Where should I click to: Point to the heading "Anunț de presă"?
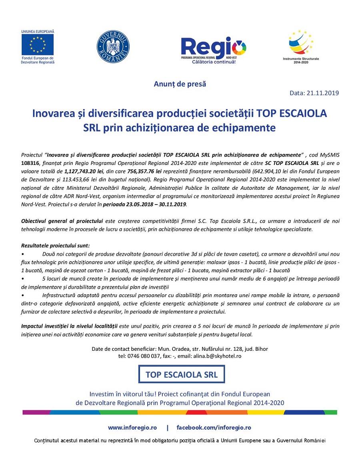point(180,84)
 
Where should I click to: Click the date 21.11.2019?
point(323,93)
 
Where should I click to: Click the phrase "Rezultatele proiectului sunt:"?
point(55,245)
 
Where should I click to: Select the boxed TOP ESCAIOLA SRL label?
point(181,375)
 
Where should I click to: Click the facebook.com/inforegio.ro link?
point(214,428)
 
